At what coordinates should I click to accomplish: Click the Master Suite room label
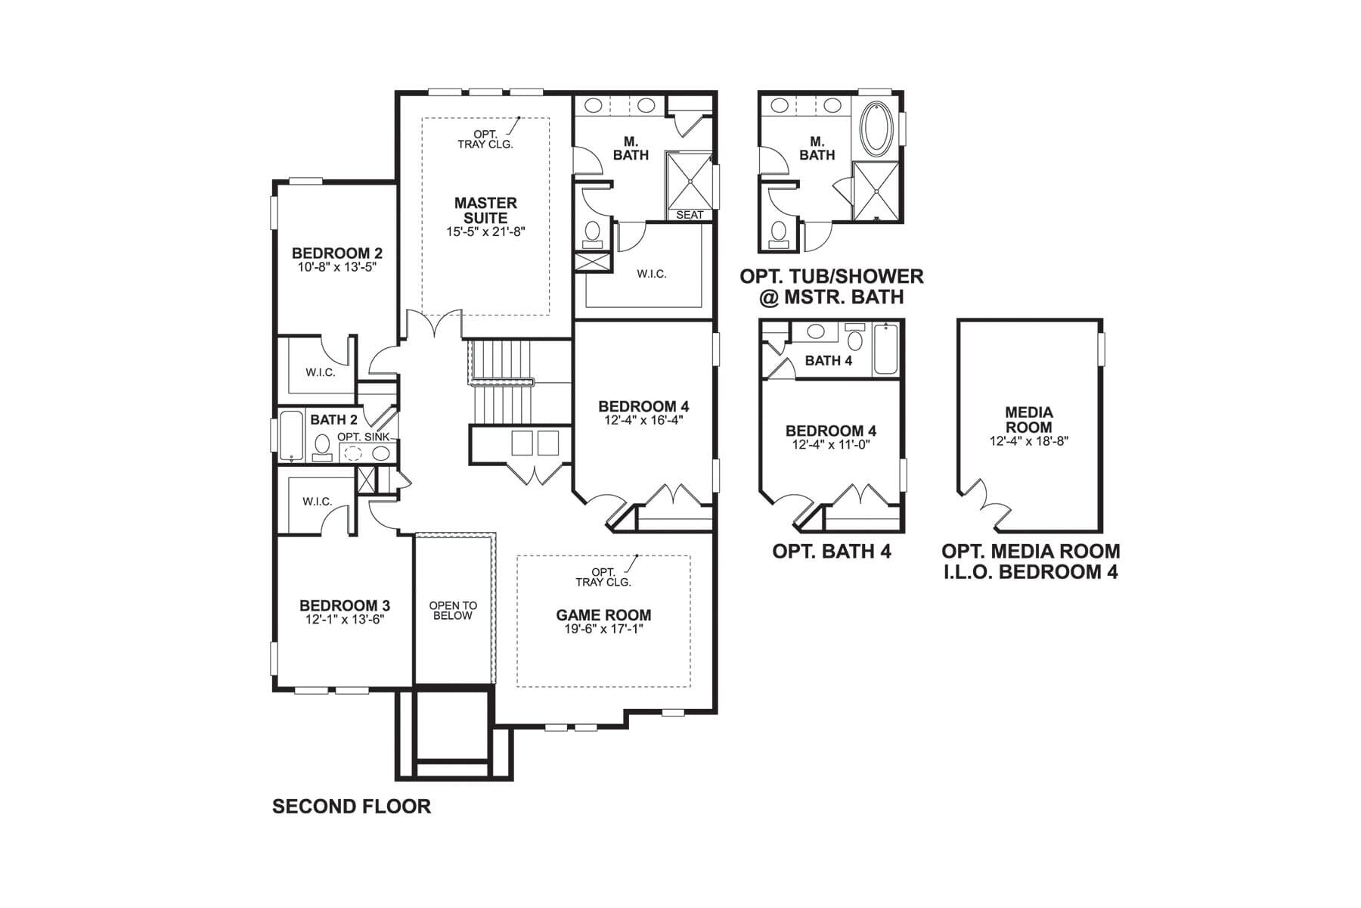(x=485, y=210)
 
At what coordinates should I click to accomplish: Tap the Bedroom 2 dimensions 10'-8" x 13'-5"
(x=336, y=267)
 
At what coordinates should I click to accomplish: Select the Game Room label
(x=603, y=615)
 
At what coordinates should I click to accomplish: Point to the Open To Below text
(x=453, y=611)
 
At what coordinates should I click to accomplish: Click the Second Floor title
(x=352, y=807)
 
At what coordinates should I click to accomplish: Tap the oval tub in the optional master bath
(x=877, y=127)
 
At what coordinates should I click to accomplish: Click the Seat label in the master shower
(x=689, y=215)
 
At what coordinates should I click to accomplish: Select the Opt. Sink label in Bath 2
(x=363, y=437)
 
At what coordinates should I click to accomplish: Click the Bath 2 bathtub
(x=291, y=436)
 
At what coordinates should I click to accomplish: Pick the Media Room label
(x=1028, y=419)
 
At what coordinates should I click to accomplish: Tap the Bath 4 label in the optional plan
(x=828, y=361)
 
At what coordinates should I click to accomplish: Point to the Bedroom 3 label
(x=344, y=605)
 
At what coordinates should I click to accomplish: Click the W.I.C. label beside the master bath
(x=651, y=274)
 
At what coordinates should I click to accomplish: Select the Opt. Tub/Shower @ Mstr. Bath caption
(x=832, y=287)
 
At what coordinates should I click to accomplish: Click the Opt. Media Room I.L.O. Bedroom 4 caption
(x=1030, y=561)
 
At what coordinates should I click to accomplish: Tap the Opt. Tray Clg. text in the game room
(x=603, y=577)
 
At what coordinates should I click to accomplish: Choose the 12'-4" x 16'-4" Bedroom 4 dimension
(x=643, y=420)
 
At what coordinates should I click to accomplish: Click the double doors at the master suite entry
(x=434, y=324)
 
